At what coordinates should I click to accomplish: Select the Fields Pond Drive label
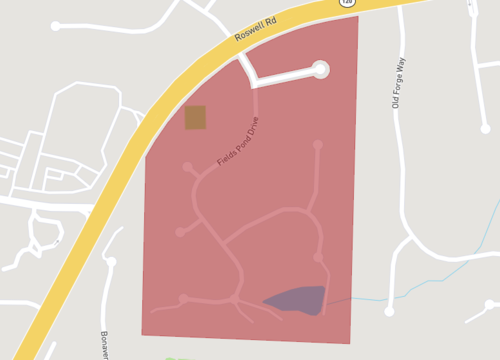point(238,143)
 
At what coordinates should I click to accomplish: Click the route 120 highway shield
point(347,3)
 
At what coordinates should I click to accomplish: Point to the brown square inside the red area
point(195,118)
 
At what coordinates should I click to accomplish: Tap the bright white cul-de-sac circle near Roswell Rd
point(320,69)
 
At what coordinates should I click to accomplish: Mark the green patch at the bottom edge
point(170,358)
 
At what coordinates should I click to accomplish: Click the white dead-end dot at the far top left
point(56,26)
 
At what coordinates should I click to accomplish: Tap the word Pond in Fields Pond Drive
point(239,142)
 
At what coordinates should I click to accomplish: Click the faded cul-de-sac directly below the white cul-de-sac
point(318,145)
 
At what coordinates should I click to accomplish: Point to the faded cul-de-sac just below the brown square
point(186,166)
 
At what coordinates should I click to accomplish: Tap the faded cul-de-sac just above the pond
point(319,258)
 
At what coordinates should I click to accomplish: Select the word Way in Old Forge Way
point(401,65)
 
